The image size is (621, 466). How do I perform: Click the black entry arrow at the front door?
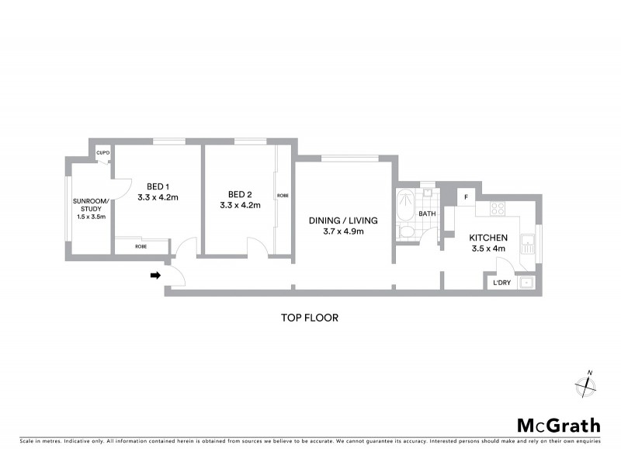[155, 275]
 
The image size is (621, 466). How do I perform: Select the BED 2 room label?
[240, 194]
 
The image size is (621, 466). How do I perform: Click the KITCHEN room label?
[489, 238]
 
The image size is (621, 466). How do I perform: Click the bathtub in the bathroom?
[404, 206]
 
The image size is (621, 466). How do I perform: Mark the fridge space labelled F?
[466, 196]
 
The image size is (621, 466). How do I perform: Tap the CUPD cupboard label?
[102, 153]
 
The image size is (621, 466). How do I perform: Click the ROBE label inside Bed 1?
[141, 246]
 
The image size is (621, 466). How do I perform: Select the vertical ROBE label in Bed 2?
[283, 196]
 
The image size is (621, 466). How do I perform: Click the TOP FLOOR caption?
[310, 318]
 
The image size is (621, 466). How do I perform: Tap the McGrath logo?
[559, 425]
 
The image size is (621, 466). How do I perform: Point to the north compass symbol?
[585, 385]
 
